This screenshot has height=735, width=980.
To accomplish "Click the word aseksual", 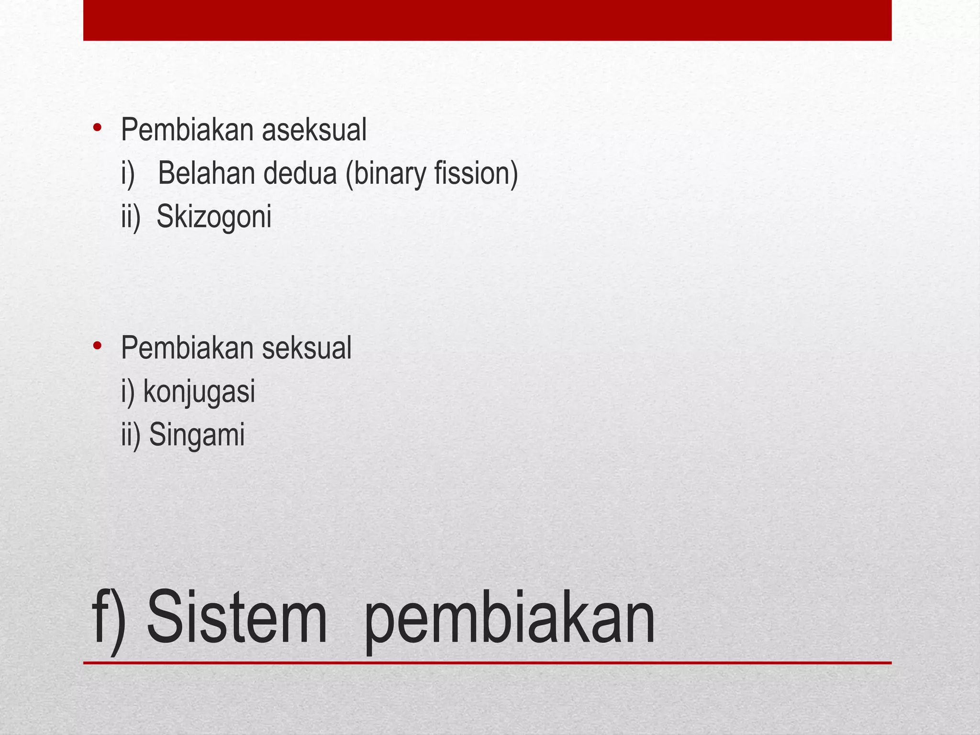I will tap(314, 130).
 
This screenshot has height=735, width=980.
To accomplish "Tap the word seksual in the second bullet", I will tap(306, 348).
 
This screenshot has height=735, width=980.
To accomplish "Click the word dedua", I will tap(300, 173).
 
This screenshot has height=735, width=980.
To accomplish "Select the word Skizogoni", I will tap(214, 217).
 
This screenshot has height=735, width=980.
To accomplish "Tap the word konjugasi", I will tap(199, 392).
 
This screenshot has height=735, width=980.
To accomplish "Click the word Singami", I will tap(197, 435).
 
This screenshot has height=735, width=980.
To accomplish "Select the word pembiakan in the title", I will tap(509, 620).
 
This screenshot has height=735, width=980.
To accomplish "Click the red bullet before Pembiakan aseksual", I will tap(98, 128).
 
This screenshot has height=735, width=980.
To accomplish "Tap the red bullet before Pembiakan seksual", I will tap(98, 345).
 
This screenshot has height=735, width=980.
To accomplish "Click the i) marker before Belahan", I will tap(128, 173).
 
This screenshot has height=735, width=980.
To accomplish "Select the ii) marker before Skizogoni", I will tap(131, 217).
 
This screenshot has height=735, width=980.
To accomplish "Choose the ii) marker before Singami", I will tap(131, 435).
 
